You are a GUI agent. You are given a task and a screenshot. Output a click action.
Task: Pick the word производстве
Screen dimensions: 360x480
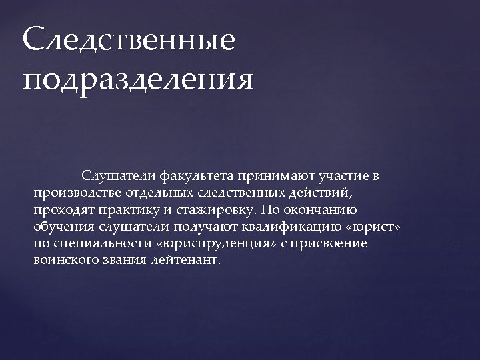tap(74, 193)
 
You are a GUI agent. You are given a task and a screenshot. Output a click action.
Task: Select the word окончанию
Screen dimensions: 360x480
tap(327, 210)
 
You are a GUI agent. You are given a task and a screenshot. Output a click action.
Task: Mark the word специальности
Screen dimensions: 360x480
tap(99, 243)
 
